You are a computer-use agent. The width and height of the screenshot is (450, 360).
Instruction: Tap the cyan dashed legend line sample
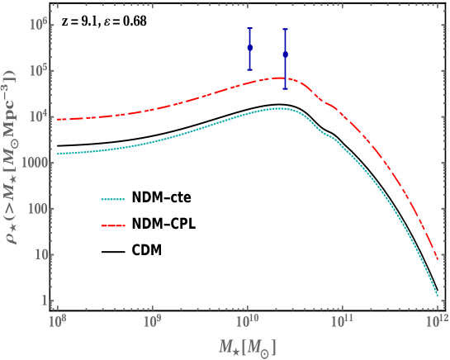tap(113, 199)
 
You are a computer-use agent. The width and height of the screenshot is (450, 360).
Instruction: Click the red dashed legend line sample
tap(113, 225)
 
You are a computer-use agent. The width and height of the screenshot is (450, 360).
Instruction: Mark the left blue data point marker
tap(250, 47)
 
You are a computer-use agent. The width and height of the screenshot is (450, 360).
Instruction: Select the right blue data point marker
tap(285, 54)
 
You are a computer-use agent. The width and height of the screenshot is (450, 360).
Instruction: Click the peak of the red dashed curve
tap(279, 78)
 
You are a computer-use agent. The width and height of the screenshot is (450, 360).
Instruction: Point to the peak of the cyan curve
tap(279, 108)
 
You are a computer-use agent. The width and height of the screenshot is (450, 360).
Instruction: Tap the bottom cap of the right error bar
tap(285, 88)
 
